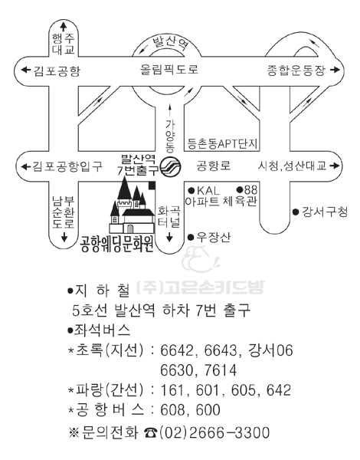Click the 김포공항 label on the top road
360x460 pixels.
tap(57, 71)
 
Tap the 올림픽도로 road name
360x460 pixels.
tap(169, 70)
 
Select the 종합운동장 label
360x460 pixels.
tap(296, 71)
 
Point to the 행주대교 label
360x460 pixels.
tap(64, 44)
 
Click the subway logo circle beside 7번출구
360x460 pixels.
tap(171, 167)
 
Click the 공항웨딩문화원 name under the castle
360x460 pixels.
tap(117, 244)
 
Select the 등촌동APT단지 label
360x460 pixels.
tap(222, 144)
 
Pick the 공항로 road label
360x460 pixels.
tap(213, 166)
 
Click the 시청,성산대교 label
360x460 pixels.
tap(293, 166)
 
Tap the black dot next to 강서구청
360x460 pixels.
tap(296, 212)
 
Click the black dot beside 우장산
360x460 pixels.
tap(191, 237)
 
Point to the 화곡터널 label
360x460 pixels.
tap(169, 217)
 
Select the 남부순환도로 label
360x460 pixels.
tap(64, 212)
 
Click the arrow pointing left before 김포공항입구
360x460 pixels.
tap(26, 166)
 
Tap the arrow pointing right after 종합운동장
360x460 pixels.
tap(335, 70)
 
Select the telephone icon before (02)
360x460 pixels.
tap(151, 432)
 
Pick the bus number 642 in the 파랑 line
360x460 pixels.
tap(278, 390)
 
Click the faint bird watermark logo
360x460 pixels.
tap(200, 259)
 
